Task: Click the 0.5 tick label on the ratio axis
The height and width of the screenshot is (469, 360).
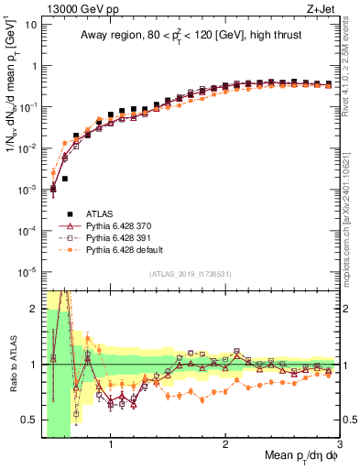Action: click(x=27, y=420)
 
